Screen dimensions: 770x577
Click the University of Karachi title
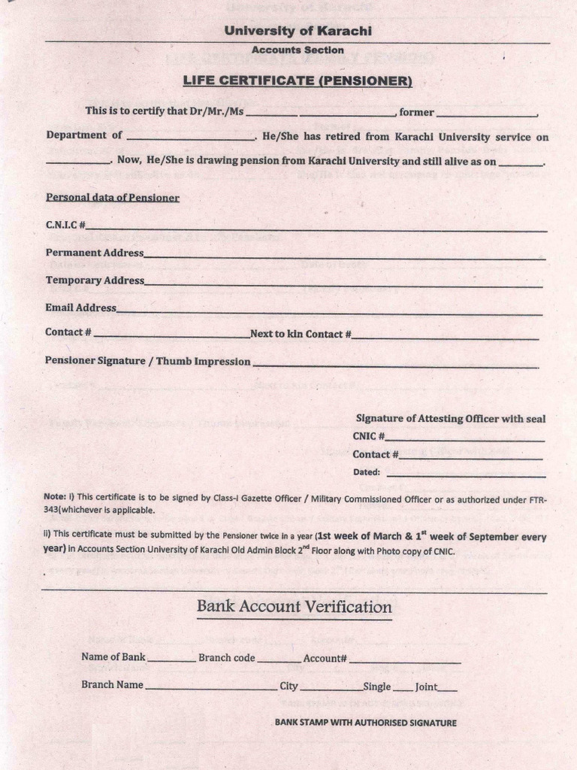tap(298, 32)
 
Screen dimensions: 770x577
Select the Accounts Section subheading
tap(298, 50)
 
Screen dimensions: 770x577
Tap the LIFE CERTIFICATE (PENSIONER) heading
tap(298, 80)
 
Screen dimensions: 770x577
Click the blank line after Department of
tap(191, 139)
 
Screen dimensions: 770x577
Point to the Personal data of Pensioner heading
tap(113, 198)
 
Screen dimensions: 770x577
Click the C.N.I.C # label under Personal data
tap(65, 225)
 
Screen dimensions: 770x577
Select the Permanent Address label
tap(94, 253)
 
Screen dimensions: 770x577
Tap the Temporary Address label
tap(95, 280)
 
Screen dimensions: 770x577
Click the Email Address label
tap(80, 308)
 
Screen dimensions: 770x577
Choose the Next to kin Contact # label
tap(301, 334)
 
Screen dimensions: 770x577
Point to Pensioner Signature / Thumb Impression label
tap(147, 361)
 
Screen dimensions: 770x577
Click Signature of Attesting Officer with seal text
tap(450, 419)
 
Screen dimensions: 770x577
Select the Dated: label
tap(367, 473)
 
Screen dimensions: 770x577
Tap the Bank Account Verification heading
tap(294, 607)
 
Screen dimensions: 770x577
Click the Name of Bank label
tap(113, 657)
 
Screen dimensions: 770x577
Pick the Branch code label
tap(227, 657)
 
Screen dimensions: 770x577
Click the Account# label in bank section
tap(325, 658)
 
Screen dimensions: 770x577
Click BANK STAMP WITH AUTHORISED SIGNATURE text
tap(365, 723)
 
